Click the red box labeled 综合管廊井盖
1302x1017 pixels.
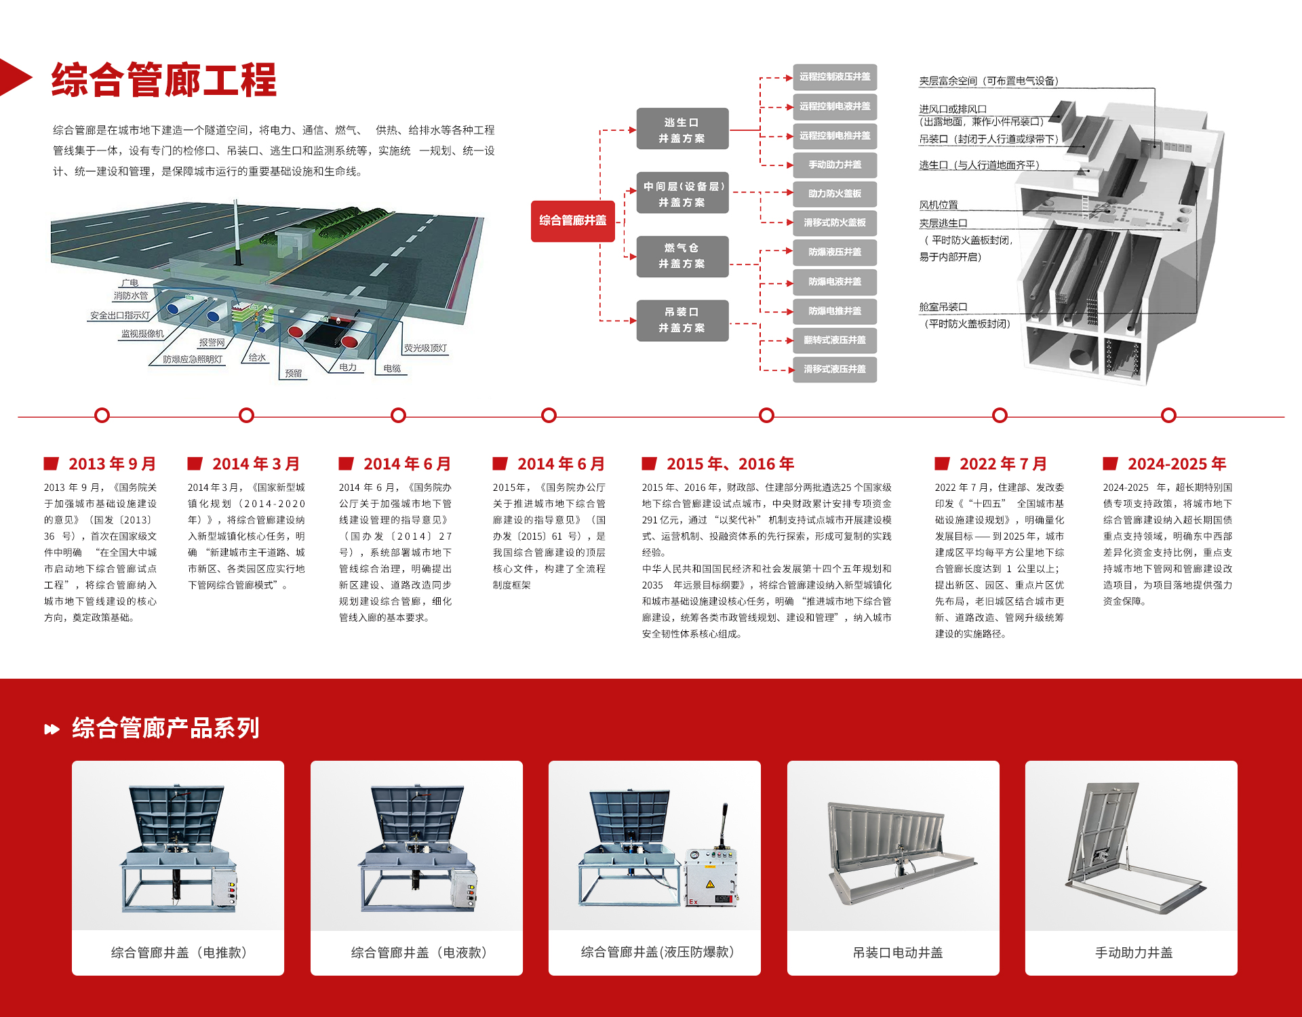click(572, 221)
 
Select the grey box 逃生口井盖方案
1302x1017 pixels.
click(682, 129)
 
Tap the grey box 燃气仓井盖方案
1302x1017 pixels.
click(682, 256)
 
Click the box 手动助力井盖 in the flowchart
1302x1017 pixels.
click(835, 165)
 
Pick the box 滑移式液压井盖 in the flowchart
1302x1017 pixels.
click(835, 370)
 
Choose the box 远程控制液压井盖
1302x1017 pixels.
click(835, 77)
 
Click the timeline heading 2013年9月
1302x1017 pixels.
click(112, 464)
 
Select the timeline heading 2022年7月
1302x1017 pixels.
click(1003, 464)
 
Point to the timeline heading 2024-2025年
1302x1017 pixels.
click(1177, 464)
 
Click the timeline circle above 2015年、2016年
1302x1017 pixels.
click(766, 415)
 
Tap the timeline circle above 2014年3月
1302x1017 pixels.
click(247, 415)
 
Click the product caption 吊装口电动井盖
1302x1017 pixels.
click(898, 953)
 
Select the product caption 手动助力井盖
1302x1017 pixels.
click(1134, 953)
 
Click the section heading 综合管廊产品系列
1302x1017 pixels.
click(165, 728)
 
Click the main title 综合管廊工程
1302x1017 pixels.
click(164, 80)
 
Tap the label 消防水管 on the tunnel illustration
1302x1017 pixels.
click(131, 296)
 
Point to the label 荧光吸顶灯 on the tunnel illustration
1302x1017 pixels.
click(426, 348)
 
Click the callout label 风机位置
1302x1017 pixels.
click(939, 205)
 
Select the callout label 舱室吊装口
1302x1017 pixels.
click(943, 307)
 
